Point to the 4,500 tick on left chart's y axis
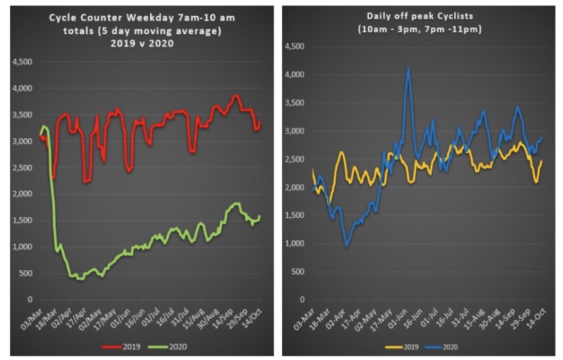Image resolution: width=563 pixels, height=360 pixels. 22,62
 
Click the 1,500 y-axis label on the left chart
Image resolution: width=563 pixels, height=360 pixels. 22,220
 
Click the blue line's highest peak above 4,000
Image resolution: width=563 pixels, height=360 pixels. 408,68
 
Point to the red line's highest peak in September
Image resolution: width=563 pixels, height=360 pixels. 236,96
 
